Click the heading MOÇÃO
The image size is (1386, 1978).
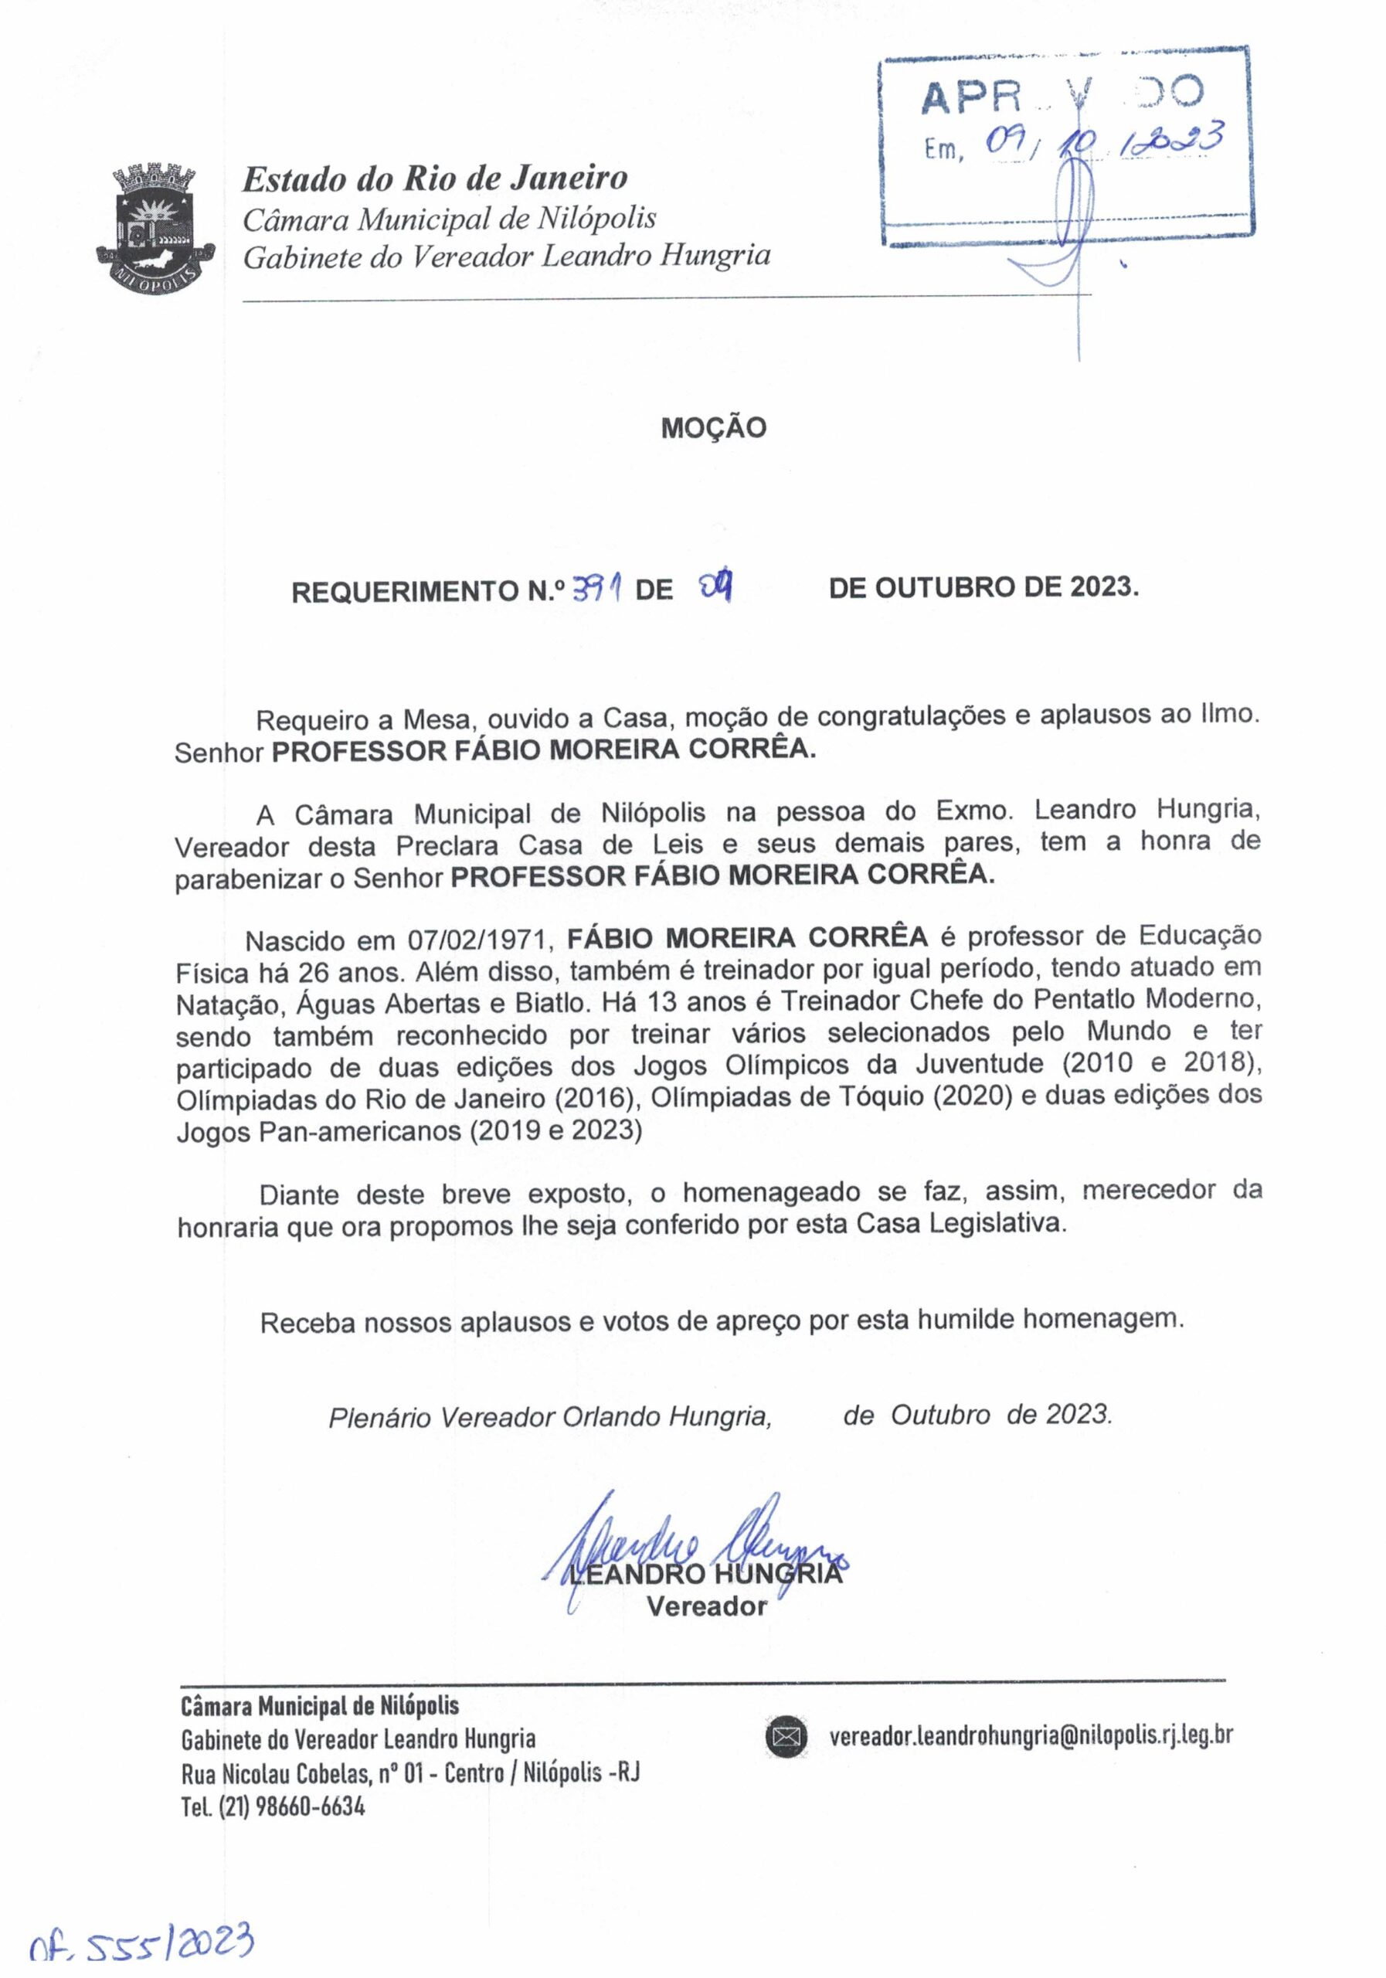click(x=713, y=428)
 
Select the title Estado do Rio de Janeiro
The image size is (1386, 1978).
click(x=435, y=179)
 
